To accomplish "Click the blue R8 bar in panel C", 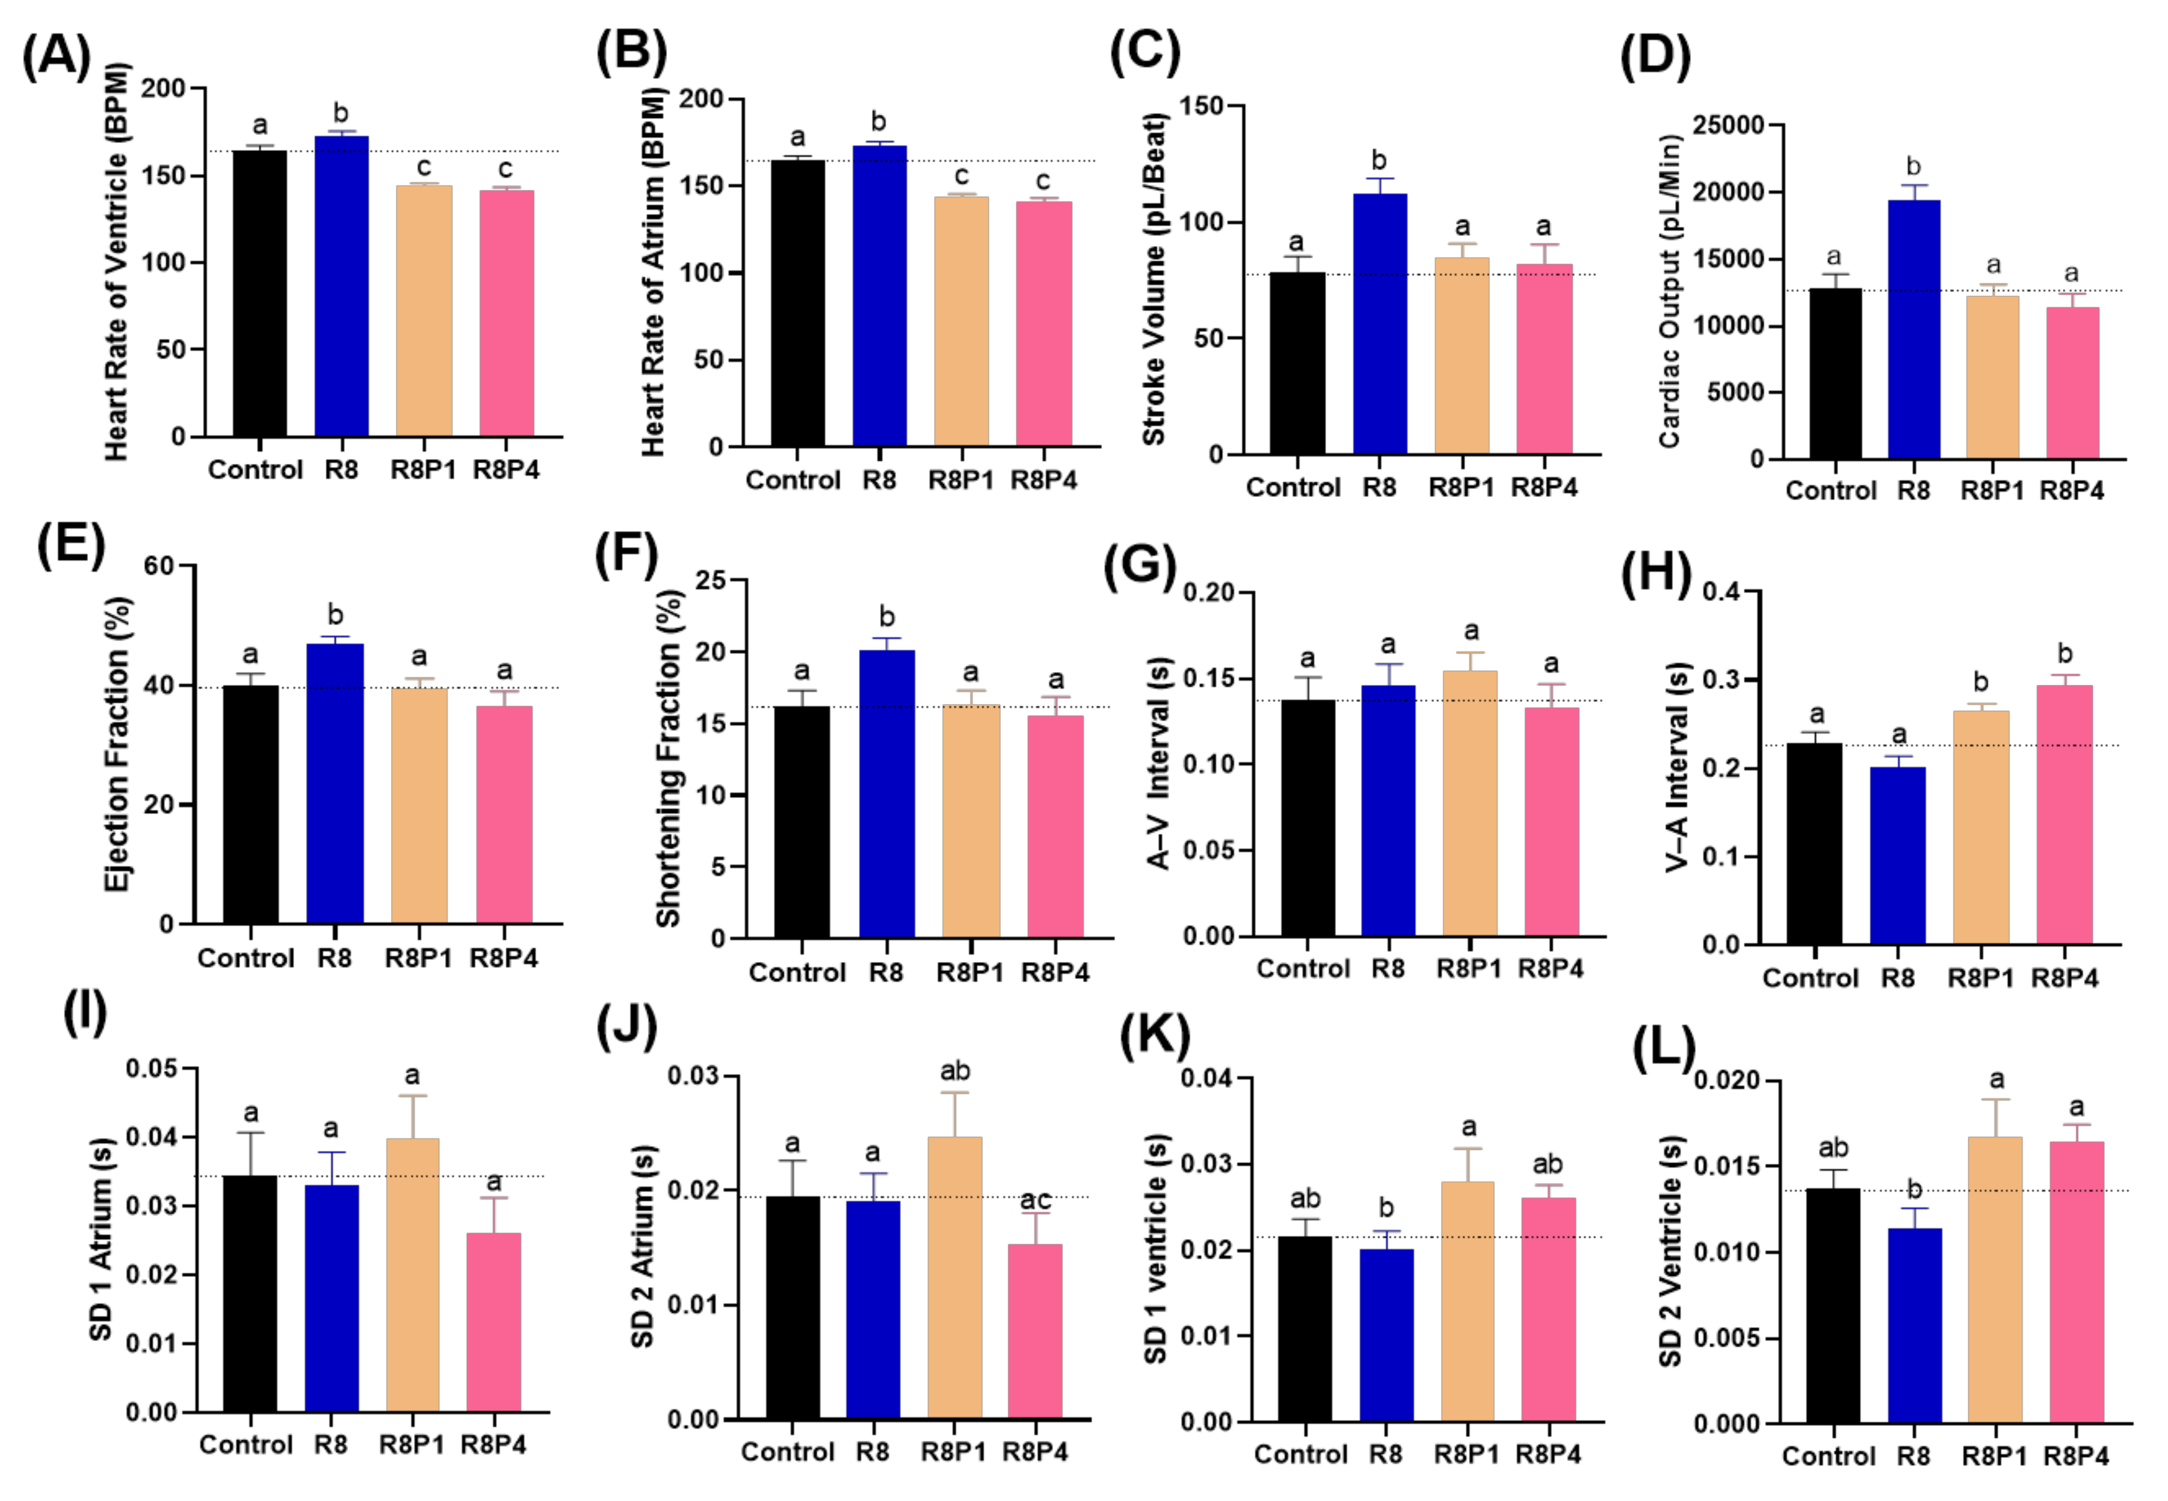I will point(1379,324).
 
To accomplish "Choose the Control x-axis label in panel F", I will point(796,972).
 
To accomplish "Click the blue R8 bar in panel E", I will point(335,783).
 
